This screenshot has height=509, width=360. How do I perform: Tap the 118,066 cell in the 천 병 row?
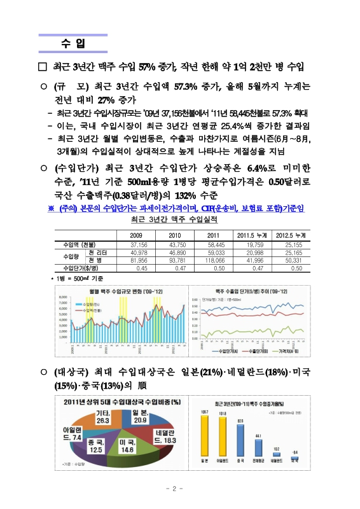(x=216, y=260)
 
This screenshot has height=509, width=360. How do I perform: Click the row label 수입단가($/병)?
(x=78, y=268)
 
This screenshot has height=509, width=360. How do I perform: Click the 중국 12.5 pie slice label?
(x=95, y=445)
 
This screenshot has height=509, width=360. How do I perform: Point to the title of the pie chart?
(x=120, y=401)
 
